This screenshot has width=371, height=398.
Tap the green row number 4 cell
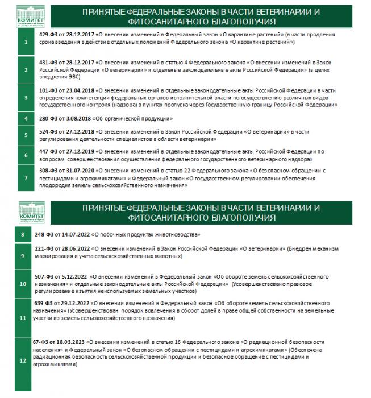(26, 119)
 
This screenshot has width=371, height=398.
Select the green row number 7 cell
(26, 177)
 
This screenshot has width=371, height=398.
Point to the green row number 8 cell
(22, 235)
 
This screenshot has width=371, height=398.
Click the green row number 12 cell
(22, 360)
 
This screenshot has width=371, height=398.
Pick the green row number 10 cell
(22, 283)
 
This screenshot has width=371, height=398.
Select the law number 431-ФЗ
(47, 63)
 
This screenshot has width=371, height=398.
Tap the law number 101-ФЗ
(47, 90)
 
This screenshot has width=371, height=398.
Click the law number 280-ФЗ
(47, 119)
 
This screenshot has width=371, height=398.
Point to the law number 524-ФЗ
(47, 132)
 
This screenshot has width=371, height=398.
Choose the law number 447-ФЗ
(47, 151)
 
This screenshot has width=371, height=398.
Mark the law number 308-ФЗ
(47, 171)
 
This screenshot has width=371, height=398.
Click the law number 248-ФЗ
(43, 234)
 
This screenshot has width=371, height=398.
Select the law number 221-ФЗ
(43, 248)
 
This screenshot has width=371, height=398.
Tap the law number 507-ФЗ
(43, 276)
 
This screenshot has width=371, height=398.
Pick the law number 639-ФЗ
(43, 304)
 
